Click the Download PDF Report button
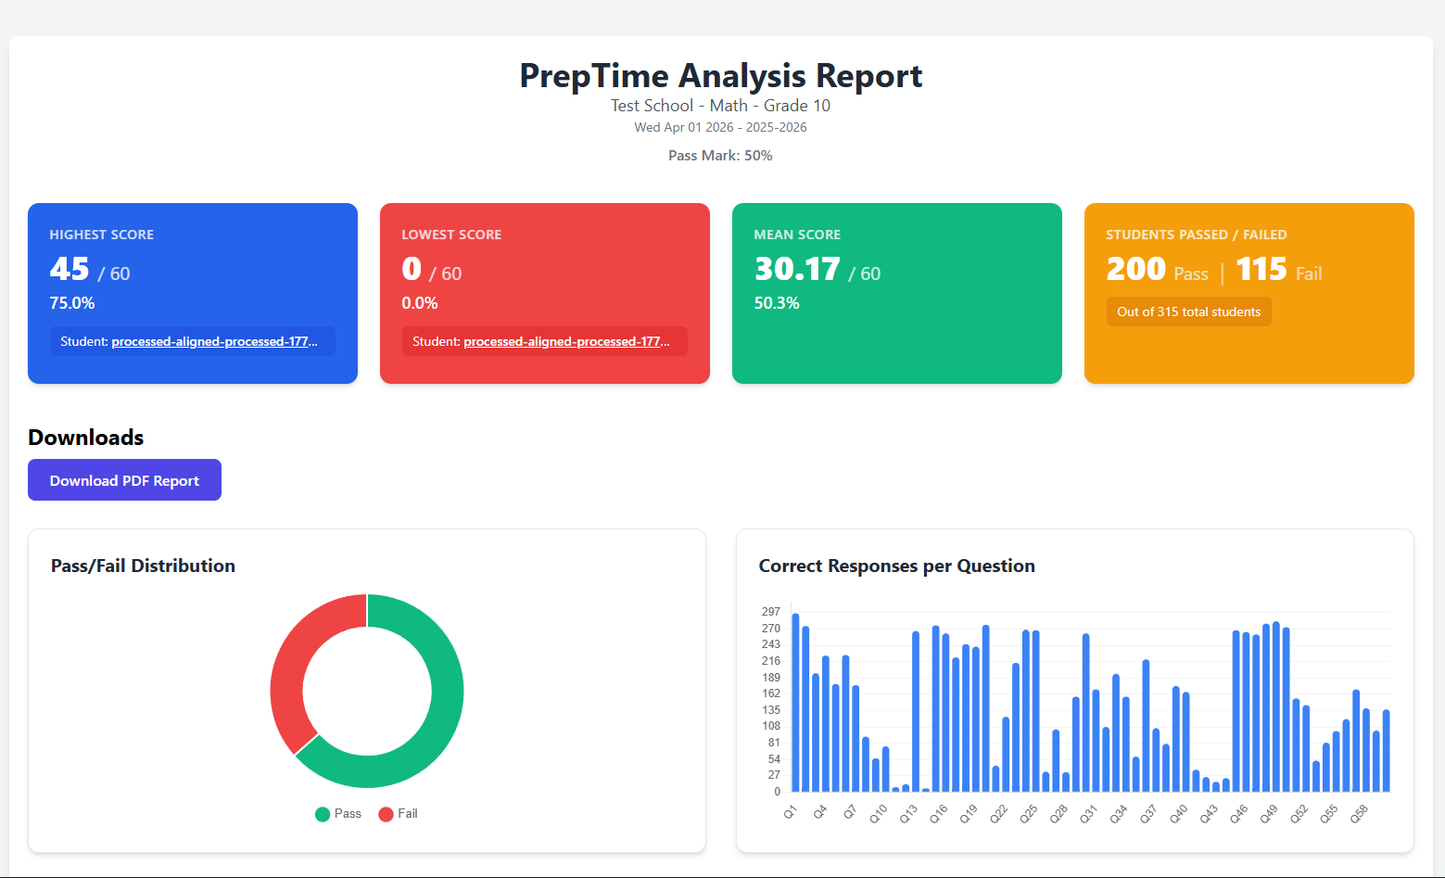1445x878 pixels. point(124,480)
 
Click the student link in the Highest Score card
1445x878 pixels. point(214,341)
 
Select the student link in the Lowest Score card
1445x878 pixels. point(566,341)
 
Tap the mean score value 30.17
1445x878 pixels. point(797,269)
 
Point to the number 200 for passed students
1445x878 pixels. point(1136,269)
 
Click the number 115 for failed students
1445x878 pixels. point(1261,269)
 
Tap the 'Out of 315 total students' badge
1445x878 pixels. point(1188,312)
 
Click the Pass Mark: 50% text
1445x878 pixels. point(720,156)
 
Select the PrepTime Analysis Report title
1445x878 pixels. point(721,75)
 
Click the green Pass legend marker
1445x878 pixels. point(323,814)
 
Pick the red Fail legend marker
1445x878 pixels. point(386,814)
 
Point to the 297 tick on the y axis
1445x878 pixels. point(771,612)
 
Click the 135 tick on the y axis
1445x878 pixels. point(771,709)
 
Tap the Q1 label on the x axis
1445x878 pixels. point(791,812)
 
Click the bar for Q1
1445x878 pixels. point(795,703)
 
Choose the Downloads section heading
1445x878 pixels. point(86,438)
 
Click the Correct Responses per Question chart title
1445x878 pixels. point(896,566)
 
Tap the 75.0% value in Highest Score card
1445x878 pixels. point(72,303)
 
